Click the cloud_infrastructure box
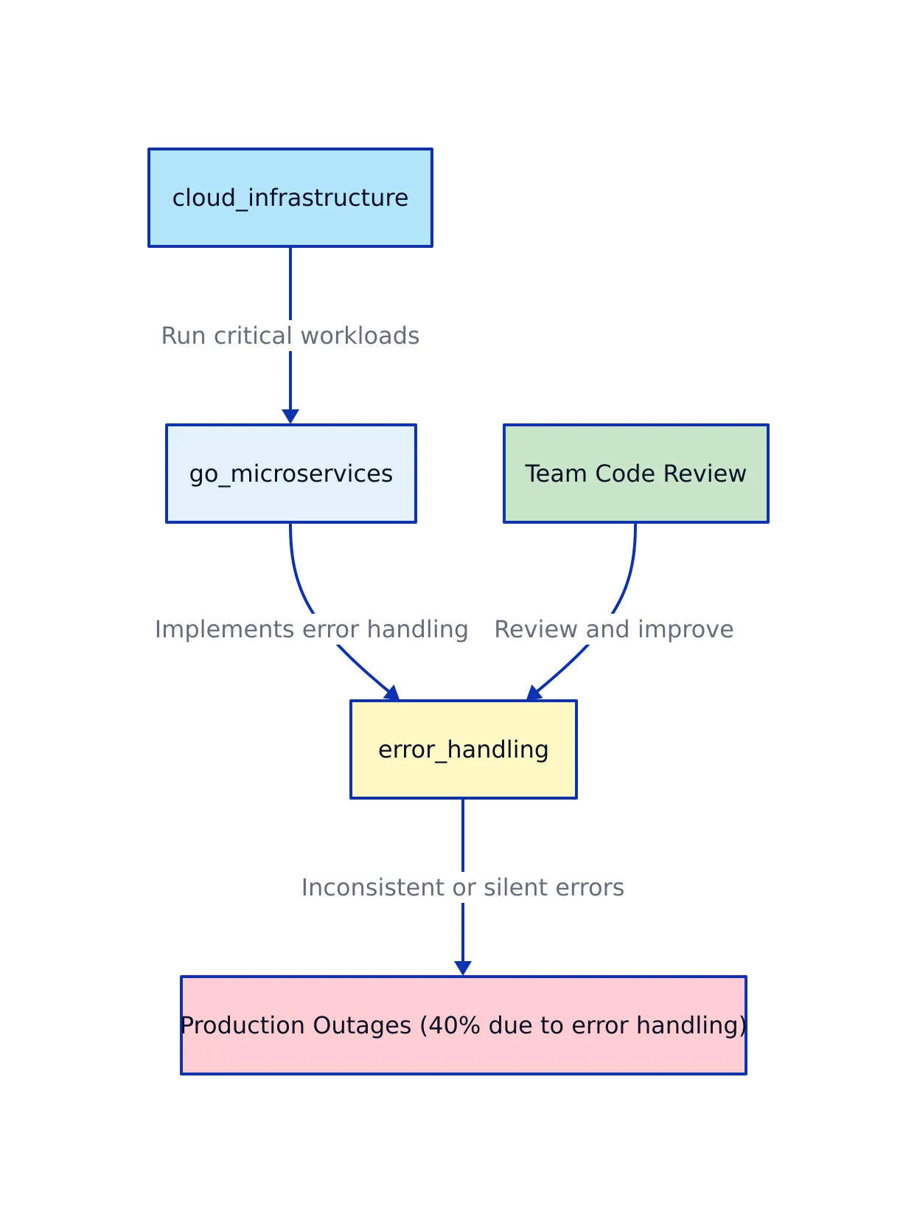(x=290, y=198)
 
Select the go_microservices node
(x=290, y=474)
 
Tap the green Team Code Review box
(x=635, y=474)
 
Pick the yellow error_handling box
(x=463, y=749)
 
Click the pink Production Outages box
(x=463, y=1025)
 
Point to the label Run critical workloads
(x=290, y=336)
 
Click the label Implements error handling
(x=311, y=629)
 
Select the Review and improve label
(x=613, y=629)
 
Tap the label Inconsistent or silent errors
(x=462, y=887)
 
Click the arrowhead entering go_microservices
(x=290, y=417)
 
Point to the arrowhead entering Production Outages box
(x=463, y=969)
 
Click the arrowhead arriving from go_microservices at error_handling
(x=392, y=693)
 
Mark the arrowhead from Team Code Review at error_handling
(x=534, y=693)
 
